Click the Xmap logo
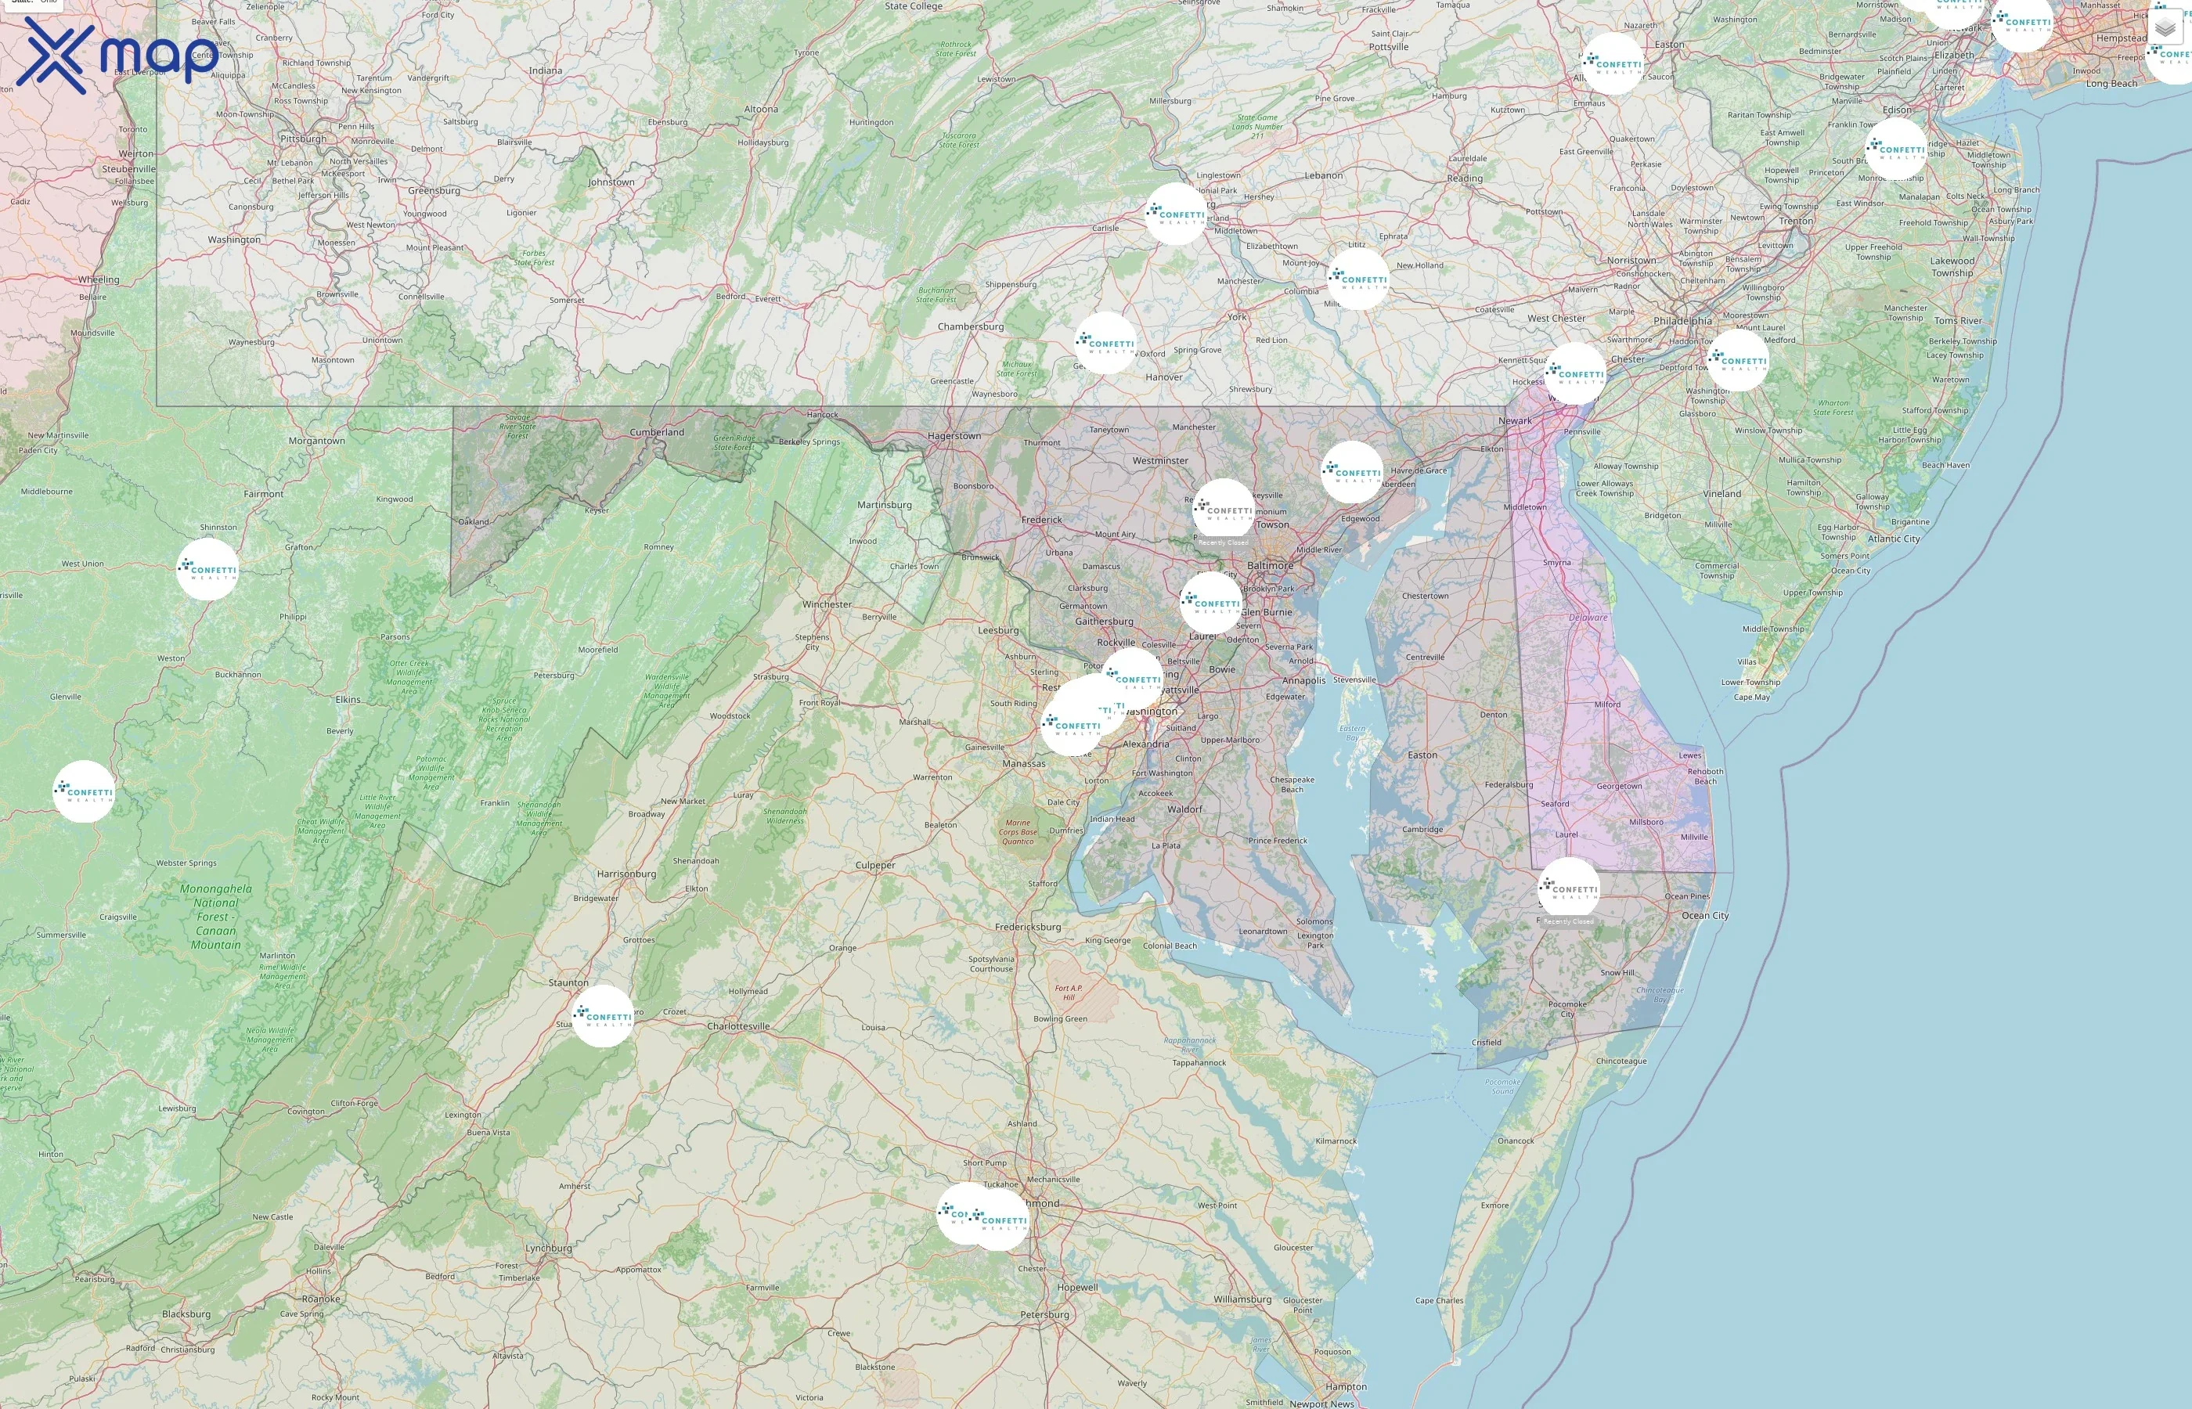pos(114,55)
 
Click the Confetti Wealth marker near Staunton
pos(603,1015)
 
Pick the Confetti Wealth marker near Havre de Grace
pos(1352,472)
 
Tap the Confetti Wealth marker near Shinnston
pos(207,569)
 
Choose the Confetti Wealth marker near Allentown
pos(1612,64)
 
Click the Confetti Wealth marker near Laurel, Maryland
pos(1210,603)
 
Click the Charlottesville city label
pos(738,1025)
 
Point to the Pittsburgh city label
pos(303,139)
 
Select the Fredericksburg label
pos(1029,927)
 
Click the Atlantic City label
pos(1894,539)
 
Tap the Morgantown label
pos(316,441)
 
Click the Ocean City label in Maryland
pos(1705,915)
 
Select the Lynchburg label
pos(548,1248)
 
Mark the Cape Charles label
pos(1439,1300)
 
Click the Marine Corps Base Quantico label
pos(1017,831)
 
